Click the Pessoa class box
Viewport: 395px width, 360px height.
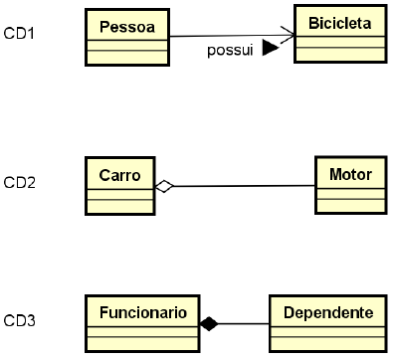point(126,36)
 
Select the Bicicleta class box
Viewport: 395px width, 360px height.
point(339,33)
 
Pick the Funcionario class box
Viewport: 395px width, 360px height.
point(142,324)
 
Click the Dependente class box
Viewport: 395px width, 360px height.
point(327,324)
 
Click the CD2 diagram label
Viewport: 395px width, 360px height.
point(20,183)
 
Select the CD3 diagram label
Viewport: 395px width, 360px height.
point(20,320)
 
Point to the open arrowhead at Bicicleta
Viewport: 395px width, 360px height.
point(289,37)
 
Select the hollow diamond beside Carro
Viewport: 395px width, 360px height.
point(164,186)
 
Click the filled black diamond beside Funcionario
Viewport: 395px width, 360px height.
point(208,324)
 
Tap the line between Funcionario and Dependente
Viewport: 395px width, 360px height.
point(244,324)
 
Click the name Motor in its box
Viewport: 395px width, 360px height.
point(349,174)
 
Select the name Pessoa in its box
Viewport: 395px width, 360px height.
point(126,22)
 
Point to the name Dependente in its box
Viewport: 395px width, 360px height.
point(327,312)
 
